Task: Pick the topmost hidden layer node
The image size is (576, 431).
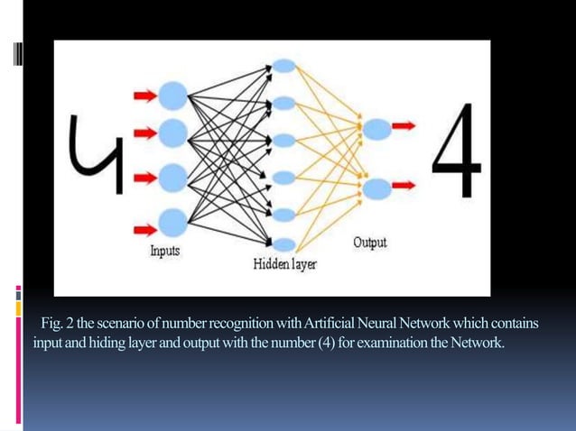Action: [x=283, y=67]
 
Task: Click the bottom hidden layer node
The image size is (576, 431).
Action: [x=283, y=243]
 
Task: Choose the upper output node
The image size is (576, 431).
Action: [x=377, y=129]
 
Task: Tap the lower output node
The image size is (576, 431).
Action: [x=377, y=188]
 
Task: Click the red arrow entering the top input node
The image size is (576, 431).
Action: [x=144, y=94]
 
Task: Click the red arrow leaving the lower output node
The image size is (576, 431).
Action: [x=404, y=185]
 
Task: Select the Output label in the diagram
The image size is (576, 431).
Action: [x=370, y=243]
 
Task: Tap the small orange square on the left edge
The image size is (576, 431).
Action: [x=18, y=307]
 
